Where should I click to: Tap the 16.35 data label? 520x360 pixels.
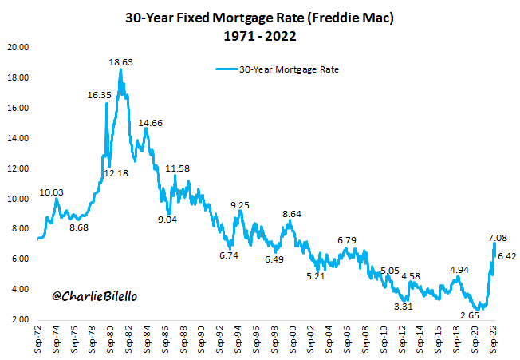tap(100, 94)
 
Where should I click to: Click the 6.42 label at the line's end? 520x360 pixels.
tap(508, 256)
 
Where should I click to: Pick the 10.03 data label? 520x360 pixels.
tap(53, 192)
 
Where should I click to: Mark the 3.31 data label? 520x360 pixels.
tap(404, 306)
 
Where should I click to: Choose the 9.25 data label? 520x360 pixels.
tap(240, 205)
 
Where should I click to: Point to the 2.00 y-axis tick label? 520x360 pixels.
tap(20, 320)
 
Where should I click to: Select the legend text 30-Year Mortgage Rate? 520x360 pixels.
tap(289, 69)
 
